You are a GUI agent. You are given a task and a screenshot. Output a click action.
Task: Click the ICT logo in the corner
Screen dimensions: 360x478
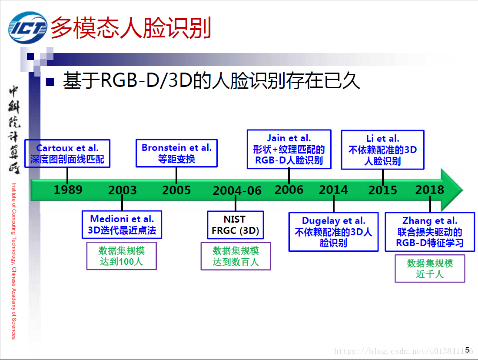pyautogui.click(x=27, y=28)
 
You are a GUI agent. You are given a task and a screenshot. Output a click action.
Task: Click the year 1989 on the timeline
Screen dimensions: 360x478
pyautogui.click(x=68, y=190)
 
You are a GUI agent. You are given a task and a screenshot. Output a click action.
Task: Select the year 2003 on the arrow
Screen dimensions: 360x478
pyautogui.click(x=122, y=190)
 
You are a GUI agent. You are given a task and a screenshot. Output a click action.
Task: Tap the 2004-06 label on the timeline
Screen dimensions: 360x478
pyautogui.click(x=237, y=190)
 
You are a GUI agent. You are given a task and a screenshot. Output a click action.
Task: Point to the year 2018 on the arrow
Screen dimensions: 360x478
pyautogui.click(x=429, y=190)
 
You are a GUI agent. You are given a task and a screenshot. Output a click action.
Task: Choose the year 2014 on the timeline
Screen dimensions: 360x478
pyautogui.click(x=333, y=190)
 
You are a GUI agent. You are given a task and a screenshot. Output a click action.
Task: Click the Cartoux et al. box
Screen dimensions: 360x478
pyautogui.click(x=67, y=153)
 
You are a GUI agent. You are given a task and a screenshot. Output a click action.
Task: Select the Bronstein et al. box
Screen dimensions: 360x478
pyautogui.click(x=176, y=153)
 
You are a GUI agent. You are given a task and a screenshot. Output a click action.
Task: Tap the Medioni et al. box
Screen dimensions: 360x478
pyautogui.click(x=122, y=224)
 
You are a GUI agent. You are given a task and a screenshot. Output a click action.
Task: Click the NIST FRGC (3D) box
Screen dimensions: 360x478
pyautogui.click(x=235, y=225)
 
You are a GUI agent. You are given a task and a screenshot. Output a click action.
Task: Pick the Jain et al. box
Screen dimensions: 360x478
pyautogui.click(x=289, y=149)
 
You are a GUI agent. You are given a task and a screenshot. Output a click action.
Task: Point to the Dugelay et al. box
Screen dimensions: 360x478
pyautogui.click(x=333, y=231)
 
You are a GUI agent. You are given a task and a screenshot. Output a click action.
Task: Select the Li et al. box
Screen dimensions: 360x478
pyautogui.click(x=382, y=150)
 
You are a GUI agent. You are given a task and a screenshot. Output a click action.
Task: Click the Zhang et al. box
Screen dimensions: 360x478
pyautogui.click(x=430, y=231)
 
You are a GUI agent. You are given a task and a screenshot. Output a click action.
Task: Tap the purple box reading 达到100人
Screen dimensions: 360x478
pyautogui.click(x=122, y=256)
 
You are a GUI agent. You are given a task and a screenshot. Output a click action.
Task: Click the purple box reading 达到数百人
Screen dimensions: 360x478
pyautogui.click(x=236, y=256)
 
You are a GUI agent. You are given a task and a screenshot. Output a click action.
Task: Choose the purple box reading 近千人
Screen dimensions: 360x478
pyautogui.click(x=430, y=269)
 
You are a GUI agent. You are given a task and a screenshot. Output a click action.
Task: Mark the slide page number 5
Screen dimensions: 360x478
pyautogui.click(x=468, y=349)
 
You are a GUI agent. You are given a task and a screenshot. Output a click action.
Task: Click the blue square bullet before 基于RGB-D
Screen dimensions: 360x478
pyautogui.click(x=50, y=81)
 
